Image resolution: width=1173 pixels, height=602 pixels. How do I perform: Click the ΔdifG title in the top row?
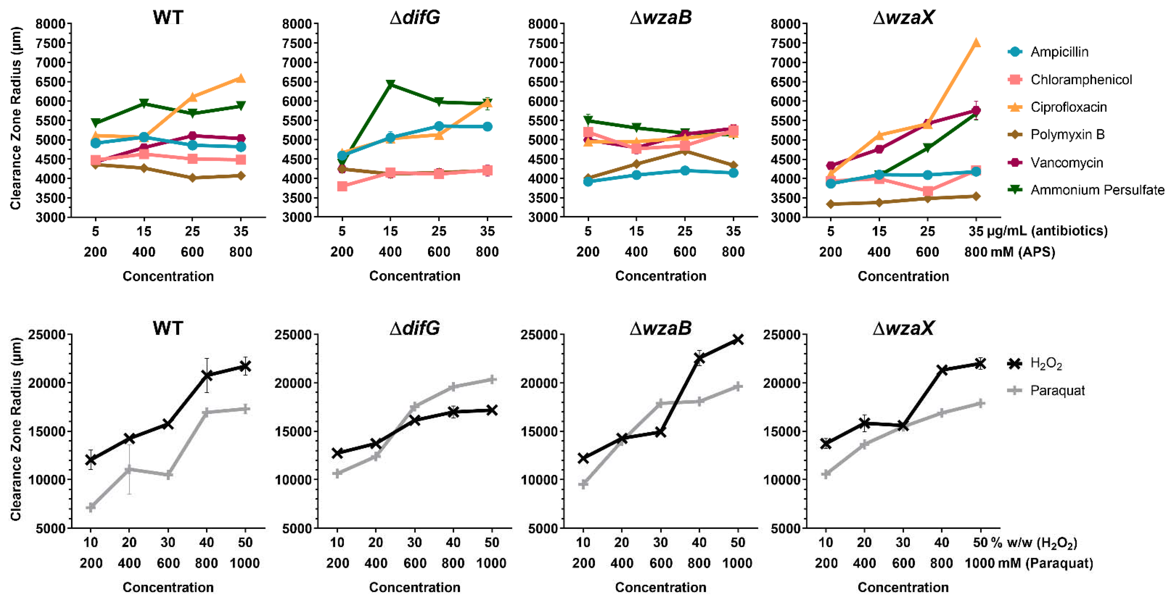[x=415, y=17]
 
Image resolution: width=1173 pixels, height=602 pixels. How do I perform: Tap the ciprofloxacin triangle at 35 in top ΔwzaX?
[x=976, y=43]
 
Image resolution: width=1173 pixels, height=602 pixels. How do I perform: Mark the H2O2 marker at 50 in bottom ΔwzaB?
[x=738, y=339]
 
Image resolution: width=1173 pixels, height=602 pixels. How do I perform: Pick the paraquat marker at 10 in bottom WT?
[x=91, y=507]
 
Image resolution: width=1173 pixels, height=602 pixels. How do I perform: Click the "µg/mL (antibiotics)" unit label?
[x=1047, y=231]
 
